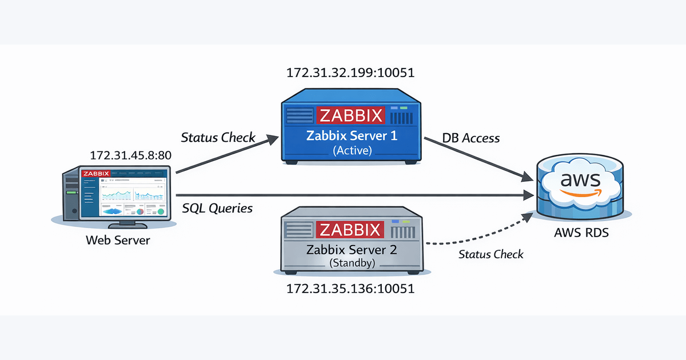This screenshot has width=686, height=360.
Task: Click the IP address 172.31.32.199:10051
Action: click(350, 73)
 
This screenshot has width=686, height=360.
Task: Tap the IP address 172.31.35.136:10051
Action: click(350, 289)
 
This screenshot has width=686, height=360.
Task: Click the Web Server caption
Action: click(118, 240)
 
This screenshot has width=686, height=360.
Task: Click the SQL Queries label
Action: click(217, 209)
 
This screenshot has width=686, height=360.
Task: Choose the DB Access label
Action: click(471, 138)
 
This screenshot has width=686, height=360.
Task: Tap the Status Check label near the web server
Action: click(218, 138)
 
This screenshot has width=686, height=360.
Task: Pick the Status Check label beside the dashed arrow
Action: click(490, 254)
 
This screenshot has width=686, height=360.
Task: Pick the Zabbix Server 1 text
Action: click(350, 136)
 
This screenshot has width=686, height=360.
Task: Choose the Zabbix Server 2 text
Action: click(350, 250)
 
